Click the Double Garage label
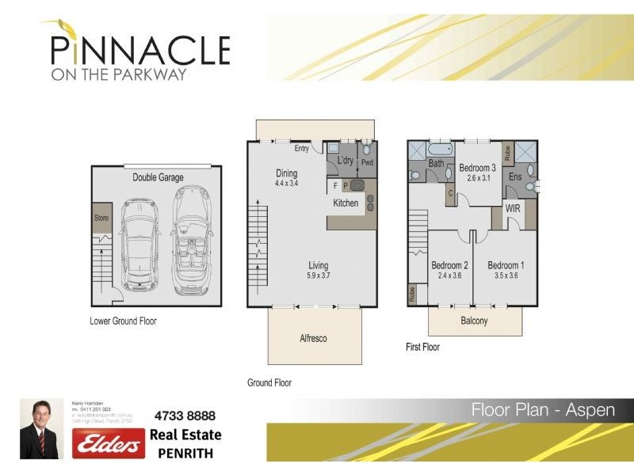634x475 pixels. (x=158, y=177)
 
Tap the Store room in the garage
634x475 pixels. (x=101, y=218)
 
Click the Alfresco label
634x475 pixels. (x=313, y=338)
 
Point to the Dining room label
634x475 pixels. (x=286, y=173)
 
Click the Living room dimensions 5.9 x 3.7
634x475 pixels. (x=318, y=276)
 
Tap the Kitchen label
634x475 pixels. (x=346, y=203)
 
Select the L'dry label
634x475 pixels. (x=345, y=161)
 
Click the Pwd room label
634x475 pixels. (x=367, y=164)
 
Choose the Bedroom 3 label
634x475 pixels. (x=477, y=168)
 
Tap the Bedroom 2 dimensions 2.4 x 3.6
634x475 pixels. (x=449, y=276)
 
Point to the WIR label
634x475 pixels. (x=513, y=208)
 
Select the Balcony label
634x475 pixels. (x=474, y=321)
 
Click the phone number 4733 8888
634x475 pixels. (x=185, y=416)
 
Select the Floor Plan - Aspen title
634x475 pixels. (x=545, y=409)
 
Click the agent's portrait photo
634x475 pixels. (x=42, y=428)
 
